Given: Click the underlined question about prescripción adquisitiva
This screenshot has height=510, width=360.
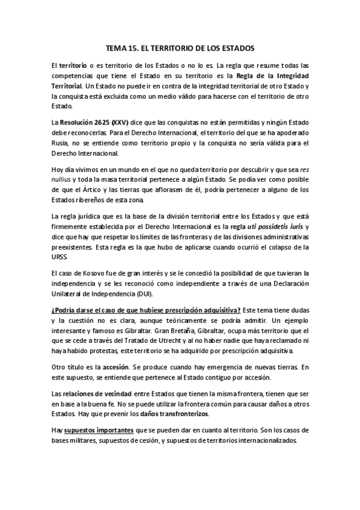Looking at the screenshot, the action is click(146, 310).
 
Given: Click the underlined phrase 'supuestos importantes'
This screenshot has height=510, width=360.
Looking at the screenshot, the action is click(99, 431).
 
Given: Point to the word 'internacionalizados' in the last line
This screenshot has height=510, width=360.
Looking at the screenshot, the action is click(269, 441).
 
